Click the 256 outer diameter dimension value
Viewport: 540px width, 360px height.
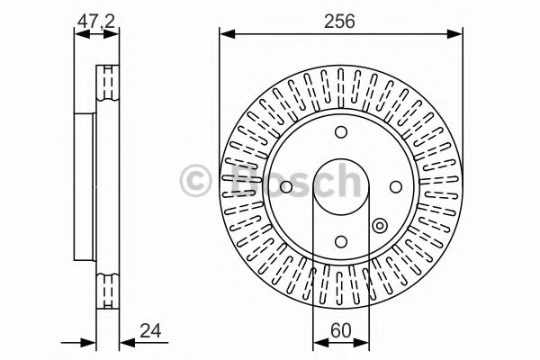pyautogui.click(x=340, y=21)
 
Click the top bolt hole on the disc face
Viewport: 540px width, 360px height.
pyautogui.click(x=340, y=132)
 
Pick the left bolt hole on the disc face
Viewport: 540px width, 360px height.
pyautogui.click(x=285, y=187)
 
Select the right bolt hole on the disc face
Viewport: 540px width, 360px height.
pyautogui.click(x=395, y=187)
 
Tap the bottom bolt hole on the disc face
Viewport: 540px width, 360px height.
pyautogui.click(x=340, y=241)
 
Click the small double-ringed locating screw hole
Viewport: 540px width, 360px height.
pyautogui.click(x=379, y=226)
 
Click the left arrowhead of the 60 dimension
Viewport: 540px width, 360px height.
pyautogui.click(x=317, y=342)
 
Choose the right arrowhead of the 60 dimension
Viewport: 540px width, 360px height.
pyautogui.click(x=364, y=342)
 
